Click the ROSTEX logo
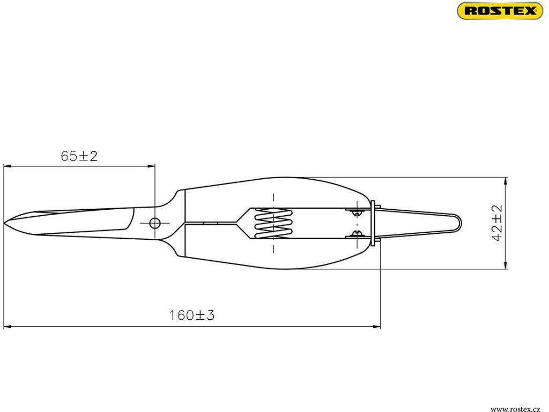point(500,11)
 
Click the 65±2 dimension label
point(79,156)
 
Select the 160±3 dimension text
point(192,315)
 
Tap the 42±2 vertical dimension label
point(497,223)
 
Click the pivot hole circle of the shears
point(155,223)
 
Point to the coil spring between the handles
point(273,223)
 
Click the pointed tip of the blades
point(4,223)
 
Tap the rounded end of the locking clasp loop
point(460,223)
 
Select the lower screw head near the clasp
point(357,234)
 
